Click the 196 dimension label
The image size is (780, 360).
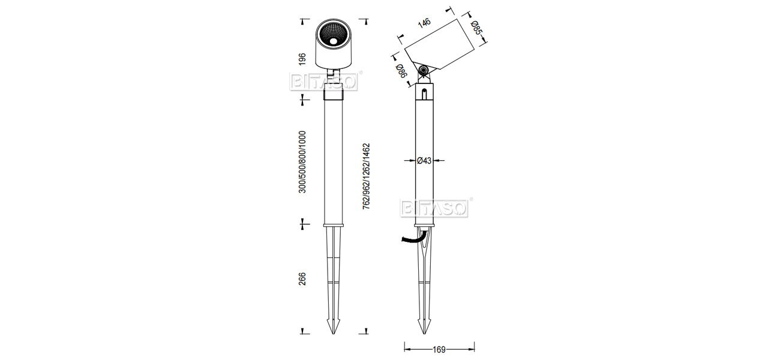tap(302, 59)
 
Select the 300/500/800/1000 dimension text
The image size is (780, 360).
tap(302, 162)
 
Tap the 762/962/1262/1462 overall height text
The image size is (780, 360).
tap(367, 176)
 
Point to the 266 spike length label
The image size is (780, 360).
tap(302, 279)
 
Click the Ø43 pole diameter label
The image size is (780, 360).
tap(424, 161)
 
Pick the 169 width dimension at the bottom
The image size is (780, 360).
tap(439, 349)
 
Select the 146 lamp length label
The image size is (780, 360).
tap(424, 23)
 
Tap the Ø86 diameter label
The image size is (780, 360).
tap(401, 71)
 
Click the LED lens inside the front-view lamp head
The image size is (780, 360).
tap(334, 41)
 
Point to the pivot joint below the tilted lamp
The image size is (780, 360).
tap(424, 71)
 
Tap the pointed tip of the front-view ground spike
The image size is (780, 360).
tap(333, 334)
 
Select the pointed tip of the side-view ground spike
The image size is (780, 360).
tap(424, 334)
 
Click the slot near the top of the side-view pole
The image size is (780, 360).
tap(424, 94)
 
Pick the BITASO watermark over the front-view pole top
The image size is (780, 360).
tap(324, 82)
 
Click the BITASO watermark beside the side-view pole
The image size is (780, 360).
tap(434, 208)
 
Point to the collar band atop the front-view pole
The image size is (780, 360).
tap(333, 95)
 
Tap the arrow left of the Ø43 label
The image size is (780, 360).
tap(409, 161)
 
